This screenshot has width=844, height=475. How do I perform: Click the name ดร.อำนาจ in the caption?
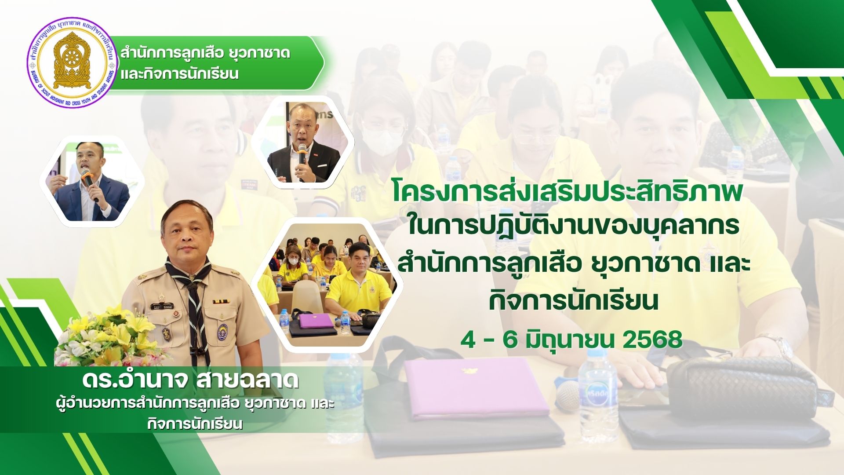click(132, 381)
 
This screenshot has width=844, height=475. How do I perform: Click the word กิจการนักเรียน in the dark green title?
click(574, 301)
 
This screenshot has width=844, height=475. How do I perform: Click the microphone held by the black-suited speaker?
click(302, 155)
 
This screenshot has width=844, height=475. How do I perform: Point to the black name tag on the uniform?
click(162, 306)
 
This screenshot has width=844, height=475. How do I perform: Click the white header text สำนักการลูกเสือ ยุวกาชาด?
click(205, 53)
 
